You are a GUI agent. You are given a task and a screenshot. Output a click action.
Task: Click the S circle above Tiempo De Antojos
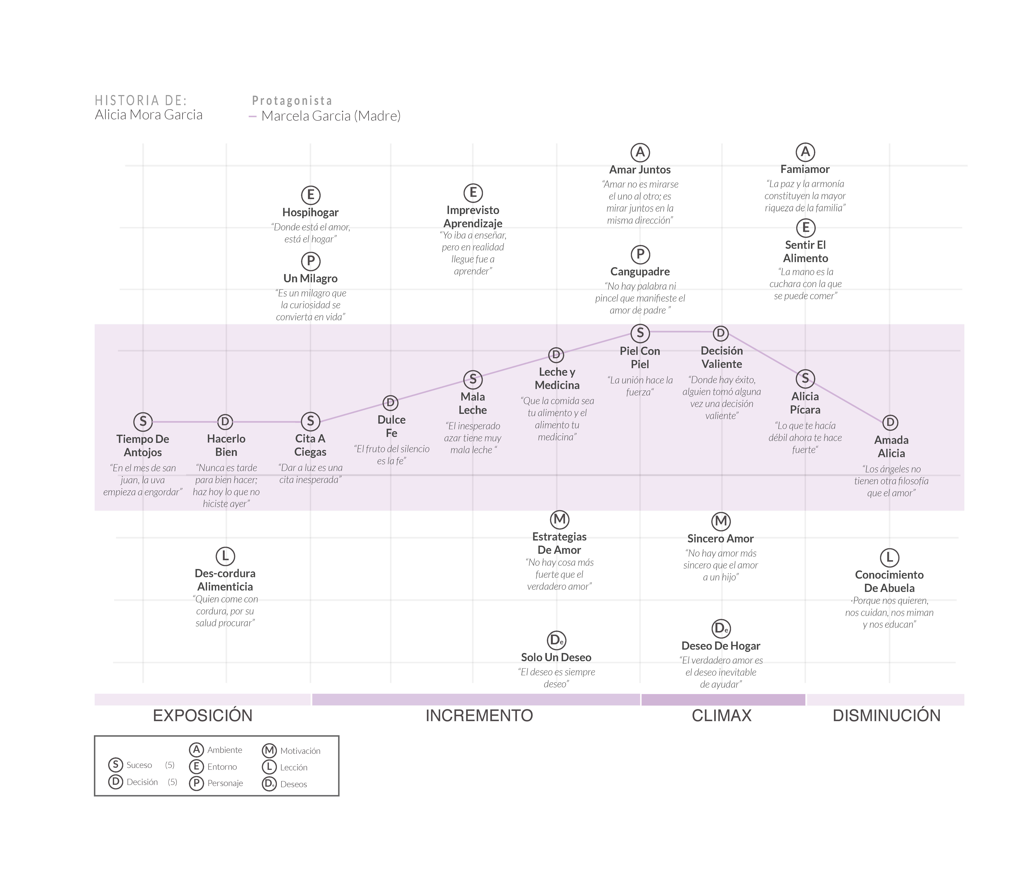point(143,421)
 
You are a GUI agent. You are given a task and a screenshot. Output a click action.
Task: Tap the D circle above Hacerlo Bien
point(225,421)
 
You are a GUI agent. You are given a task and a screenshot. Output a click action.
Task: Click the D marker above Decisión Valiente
point(721,333)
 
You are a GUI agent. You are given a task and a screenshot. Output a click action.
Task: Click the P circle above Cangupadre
point(640,254)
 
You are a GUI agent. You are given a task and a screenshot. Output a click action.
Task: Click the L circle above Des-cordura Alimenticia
point(225,556)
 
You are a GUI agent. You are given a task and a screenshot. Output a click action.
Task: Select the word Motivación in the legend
point(300,751)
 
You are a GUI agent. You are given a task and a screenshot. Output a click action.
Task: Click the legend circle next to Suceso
point(115,765)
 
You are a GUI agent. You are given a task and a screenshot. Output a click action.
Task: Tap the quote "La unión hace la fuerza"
point(640,386)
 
